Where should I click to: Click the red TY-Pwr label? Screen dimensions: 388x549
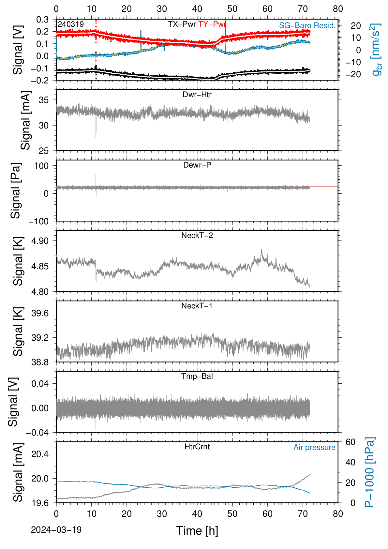[x=212, y=24]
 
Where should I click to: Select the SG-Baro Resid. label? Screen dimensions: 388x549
[x=307, y=25]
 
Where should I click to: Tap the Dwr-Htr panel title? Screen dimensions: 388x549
[x=197, y=95]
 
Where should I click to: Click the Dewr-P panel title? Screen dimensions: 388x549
[x=197, y=165]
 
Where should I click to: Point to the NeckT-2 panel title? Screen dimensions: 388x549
[x=197, y=235]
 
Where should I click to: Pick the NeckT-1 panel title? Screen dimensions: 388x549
[x=197, y=305]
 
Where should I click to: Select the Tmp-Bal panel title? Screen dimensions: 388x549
[x=197, y=376]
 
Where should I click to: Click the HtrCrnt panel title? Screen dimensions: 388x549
[x=197, y=447]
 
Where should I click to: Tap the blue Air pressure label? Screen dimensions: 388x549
[x=314, y=448]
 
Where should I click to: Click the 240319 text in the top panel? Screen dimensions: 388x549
[x=71, y=24]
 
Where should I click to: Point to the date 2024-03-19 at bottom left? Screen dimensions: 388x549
[x=56, y=530]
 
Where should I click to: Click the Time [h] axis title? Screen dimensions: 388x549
[x=197, y=531]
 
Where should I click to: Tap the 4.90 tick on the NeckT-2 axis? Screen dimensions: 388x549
[x=40, y=241]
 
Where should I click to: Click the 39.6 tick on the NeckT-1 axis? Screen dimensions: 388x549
[x=40, y=313]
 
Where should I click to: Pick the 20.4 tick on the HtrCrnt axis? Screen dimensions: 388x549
[x=40, y=454]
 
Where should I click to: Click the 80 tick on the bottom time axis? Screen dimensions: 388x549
[x=338, y=514]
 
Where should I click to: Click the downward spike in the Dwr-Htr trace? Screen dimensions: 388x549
[x=96, y=130]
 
